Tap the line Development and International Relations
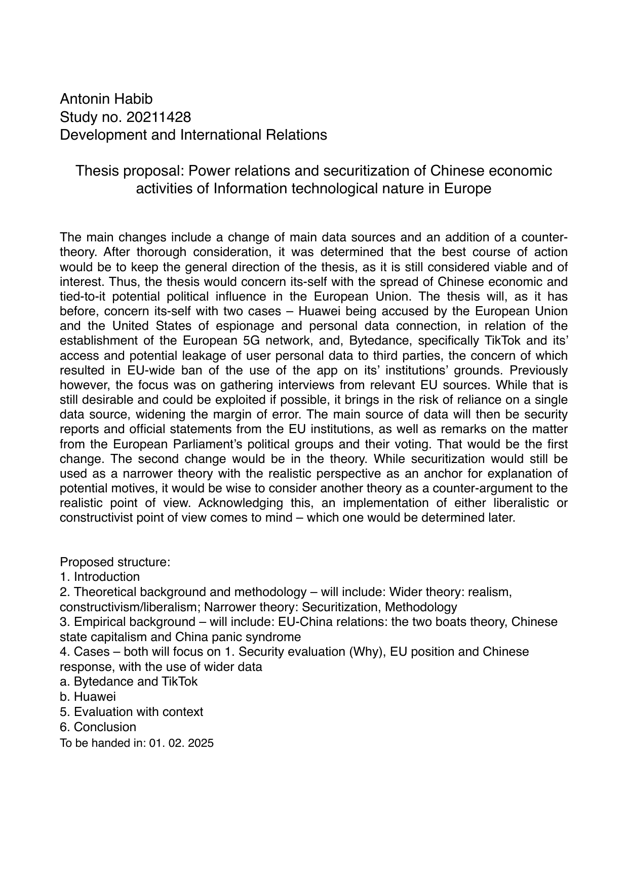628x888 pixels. click(x=193, y=135)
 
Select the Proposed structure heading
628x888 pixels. click(x=115, y=562)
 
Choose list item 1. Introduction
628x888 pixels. click(x=100, y=577)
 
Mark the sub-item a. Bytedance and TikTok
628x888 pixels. click(x=129, y=681)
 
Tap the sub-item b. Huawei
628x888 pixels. click(x=88, y=696)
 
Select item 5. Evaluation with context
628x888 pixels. click(x=131, y=711)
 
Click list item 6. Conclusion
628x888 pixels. click(x=98, y=727)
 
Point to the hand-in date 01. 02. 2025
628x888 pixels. click(x=181, y=743)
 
